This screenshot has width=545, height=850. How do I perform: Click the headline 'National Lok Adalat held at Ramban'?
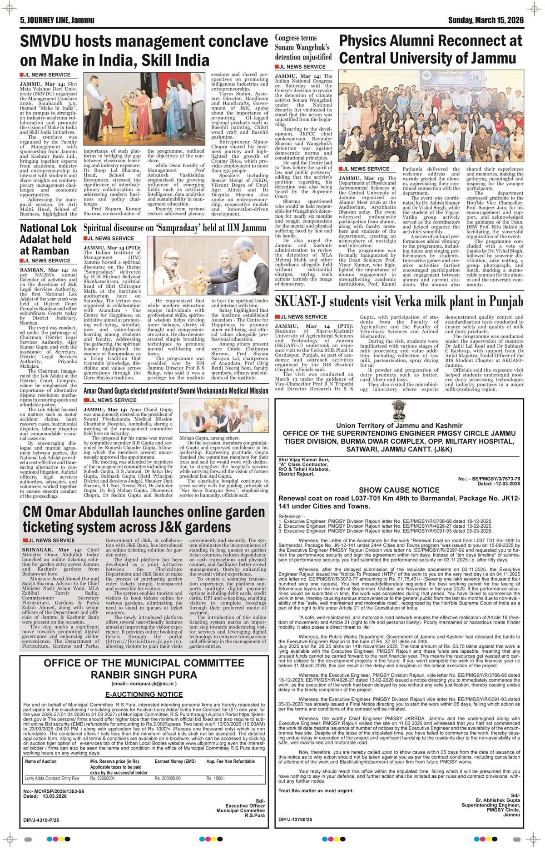coord(45,240)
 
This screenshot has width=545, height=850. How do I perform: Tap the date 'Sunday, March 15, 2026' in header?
coord(486,20)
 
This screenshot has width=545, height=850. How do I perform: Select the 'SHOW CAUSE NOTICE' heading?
coord(399,490)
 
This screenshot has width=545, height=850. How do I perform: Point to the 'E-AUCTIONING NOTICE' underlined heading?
coord(144,695)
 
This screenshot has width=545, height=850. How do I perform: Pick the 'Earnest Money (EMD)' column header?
coord(175,761)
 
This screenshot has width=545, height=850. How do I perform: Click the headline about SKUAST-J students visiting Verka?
coord(399,302)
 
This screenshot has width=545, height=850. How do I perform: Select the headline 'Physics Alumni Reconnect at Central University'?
coord(431,49)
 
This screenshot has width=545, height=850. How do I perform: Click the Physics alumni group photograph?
coord(431,116)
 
